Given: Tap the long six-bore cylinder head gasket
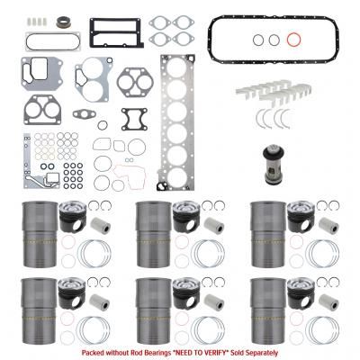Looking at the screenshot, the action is (x=175, y=122).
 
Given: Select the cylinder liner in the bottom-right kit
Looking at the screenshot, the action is (x=268, y=310).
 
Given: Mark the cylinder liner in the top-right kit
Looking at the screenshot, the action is (x=268, y=234).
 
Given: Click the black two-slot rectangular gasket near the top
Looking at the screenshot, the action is (x=117, y=33).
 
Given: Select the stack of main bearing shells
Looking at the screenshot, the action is (x=274, y=90).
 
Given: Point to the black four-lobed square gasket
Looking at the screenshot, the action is (x=135, y=120).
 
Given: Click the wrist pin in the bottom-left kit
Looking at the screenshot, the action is (x=100, y=301).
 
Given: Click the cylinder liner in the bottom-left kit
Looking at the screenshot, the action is (x=40, y=310).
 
